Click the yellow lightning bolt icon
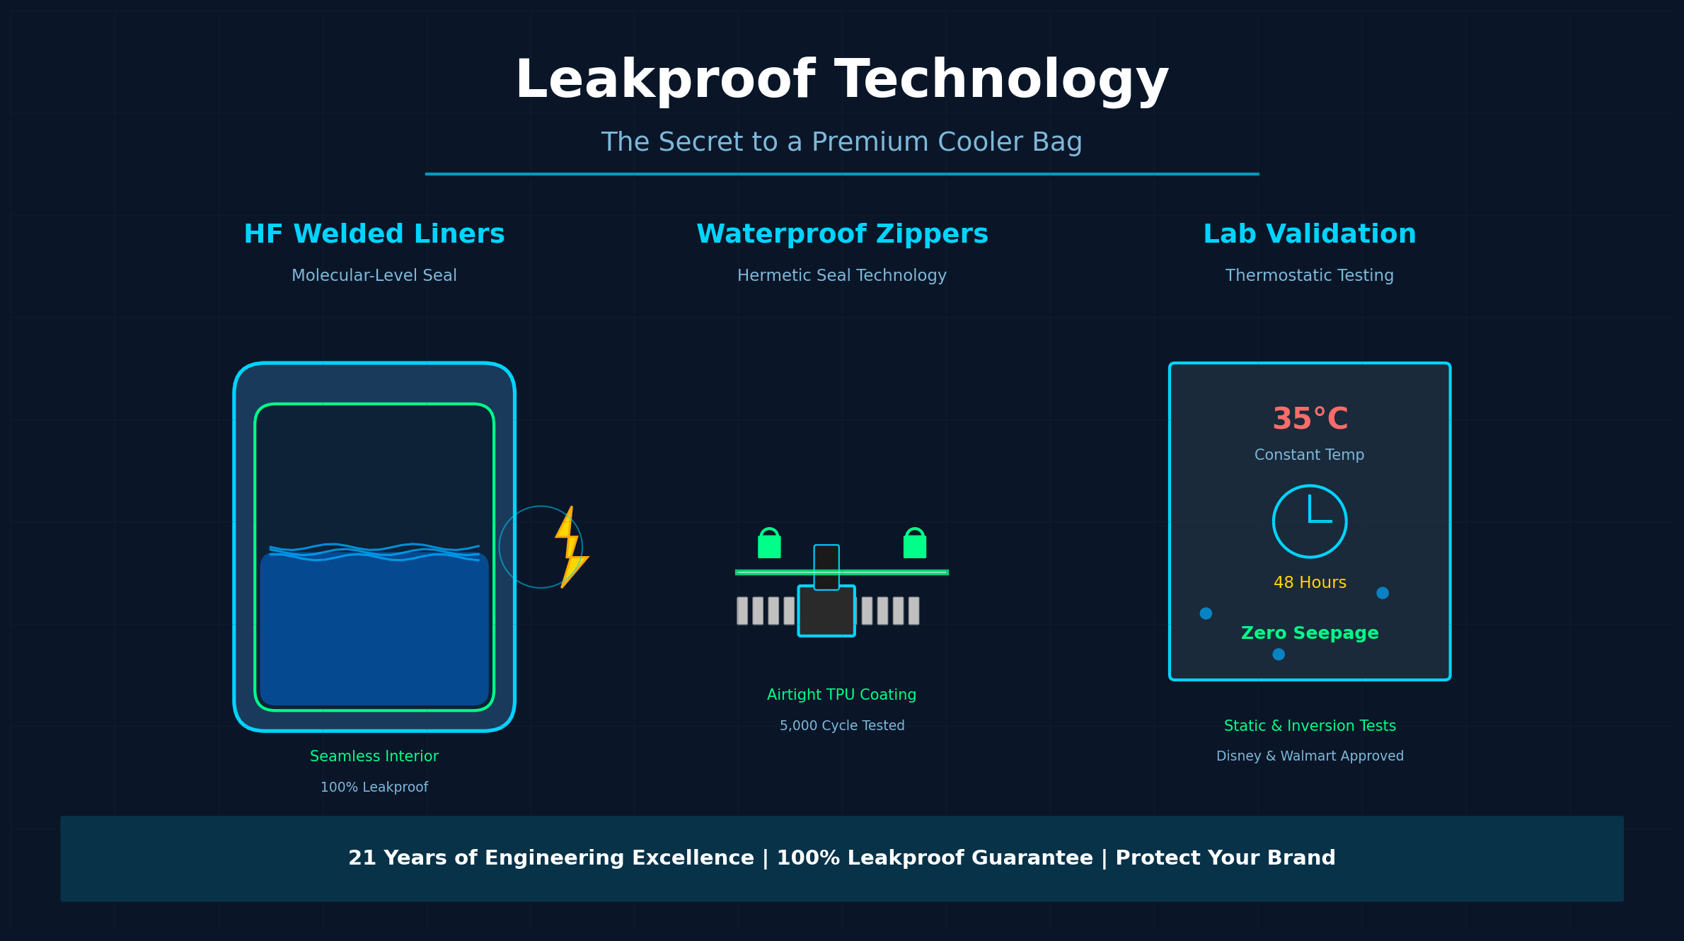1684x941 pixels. tap(570, 546)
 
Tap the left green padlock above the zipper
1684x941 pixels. tap(769, 543)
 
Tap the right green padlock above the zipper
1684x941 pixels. tap(915, 543)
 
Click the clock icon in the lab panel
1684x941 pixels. tap(1310, 521)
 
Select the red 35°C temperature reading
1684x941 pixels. tap(1310, 419)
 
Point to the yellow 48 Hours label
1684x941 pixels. tap(1310, 583)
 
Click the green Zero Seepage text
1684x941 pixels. tap(1310, 633)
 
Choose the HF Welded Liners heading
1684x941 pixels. tap(374, 234)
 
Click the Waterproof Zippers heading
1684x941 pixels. tap(842, 234)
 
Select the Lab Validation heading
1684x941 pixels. tap(1310, 234)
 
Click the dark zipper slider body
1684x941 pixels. tap(826, 611)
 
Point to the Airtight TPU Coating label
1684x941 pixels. tap(842, 695)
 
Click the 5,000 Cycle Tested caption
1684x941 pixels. tap(842, 726)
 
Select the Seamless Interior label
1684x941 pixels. tap(374, 756)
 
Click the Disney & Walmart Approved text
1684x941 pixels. tap(1310, 756)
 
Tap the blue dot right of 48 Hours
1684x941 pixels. tap(1383, 593)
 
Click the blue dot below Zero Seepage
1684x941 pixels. tap(1279, 654)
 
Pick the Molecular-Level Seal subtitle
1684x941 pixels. tap(374, 275)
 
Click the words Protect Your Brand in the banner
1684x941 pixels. tap(1225, 858)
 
